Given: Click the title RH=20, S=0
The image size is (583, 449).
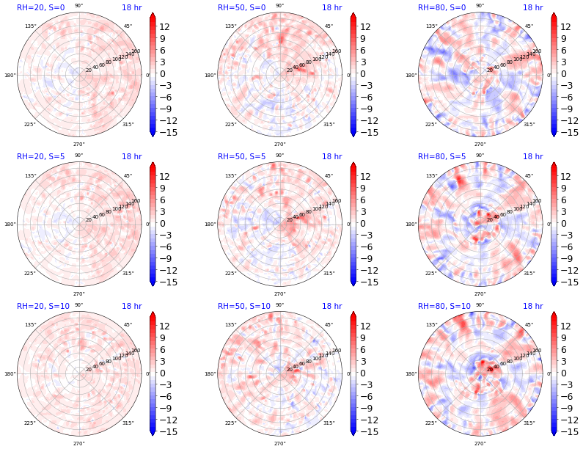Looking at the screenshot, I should [x=40, y=7].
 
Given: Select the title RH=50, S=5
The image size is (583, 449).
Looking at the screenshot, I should [x=241, y=156].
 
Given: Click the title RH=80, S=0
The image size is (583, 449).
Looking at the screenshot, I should [x=441, y=7].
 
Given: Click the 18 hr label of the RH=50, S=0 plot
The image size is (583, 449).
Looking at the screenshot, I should [x=331, y=7].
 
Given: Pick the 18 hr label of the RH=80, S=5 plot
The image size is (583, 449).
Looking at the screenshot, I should [x=532, y=156].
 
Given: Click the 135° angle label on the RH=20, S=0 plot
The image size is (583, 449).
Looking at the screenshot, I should [x=30, y=26].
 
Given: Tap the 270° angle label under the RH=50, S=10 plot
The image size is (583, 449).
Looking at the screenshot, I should [x=279, y=443].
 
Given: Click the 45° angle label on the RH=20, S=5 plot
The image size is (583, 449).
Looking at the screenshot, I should [x=128, y=176].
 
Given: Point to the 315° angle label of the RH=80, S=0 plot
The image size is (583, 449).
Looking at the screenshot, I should [x=529, y=125].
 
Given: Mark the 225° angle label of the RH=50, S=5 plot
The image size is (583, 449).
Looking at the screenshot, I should [x=230, y=274].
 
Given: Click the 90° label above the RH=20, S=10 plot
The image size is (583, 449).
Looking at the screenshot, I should [x=78, y=305].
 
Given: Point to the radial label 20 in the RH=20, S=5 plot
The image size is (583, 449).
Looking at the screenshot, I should [x=89, y=219].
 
